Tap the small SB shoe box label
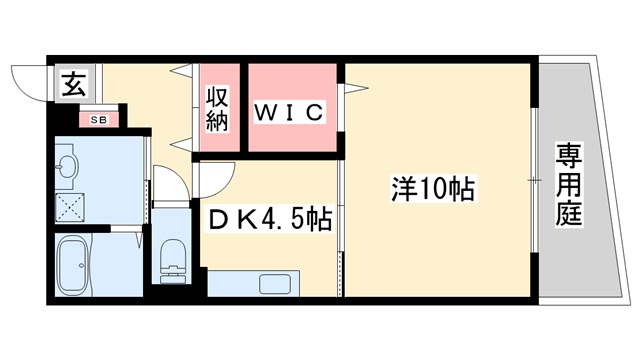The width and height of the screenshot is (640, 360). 99,120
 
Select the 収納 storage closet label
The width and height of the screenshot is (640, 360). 218,109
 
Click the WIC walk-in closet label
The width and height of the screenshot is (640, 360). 290,112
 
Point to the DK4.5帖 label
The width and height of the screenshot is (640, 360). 269,218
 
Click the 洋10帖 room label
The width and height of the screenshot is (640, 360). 434,187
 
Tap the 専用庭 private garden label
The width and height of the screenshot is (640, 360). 569,185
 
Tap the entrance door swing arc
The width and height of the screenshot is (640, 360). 28,82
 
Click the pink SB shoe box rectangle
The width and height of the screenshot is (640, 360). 99,120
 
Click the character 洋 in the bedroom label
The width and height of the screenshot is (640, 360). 402,187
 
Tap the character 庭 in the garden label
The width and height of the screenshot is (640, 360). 569,213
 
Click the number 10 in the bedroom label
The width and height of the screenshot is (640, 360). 434,187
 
